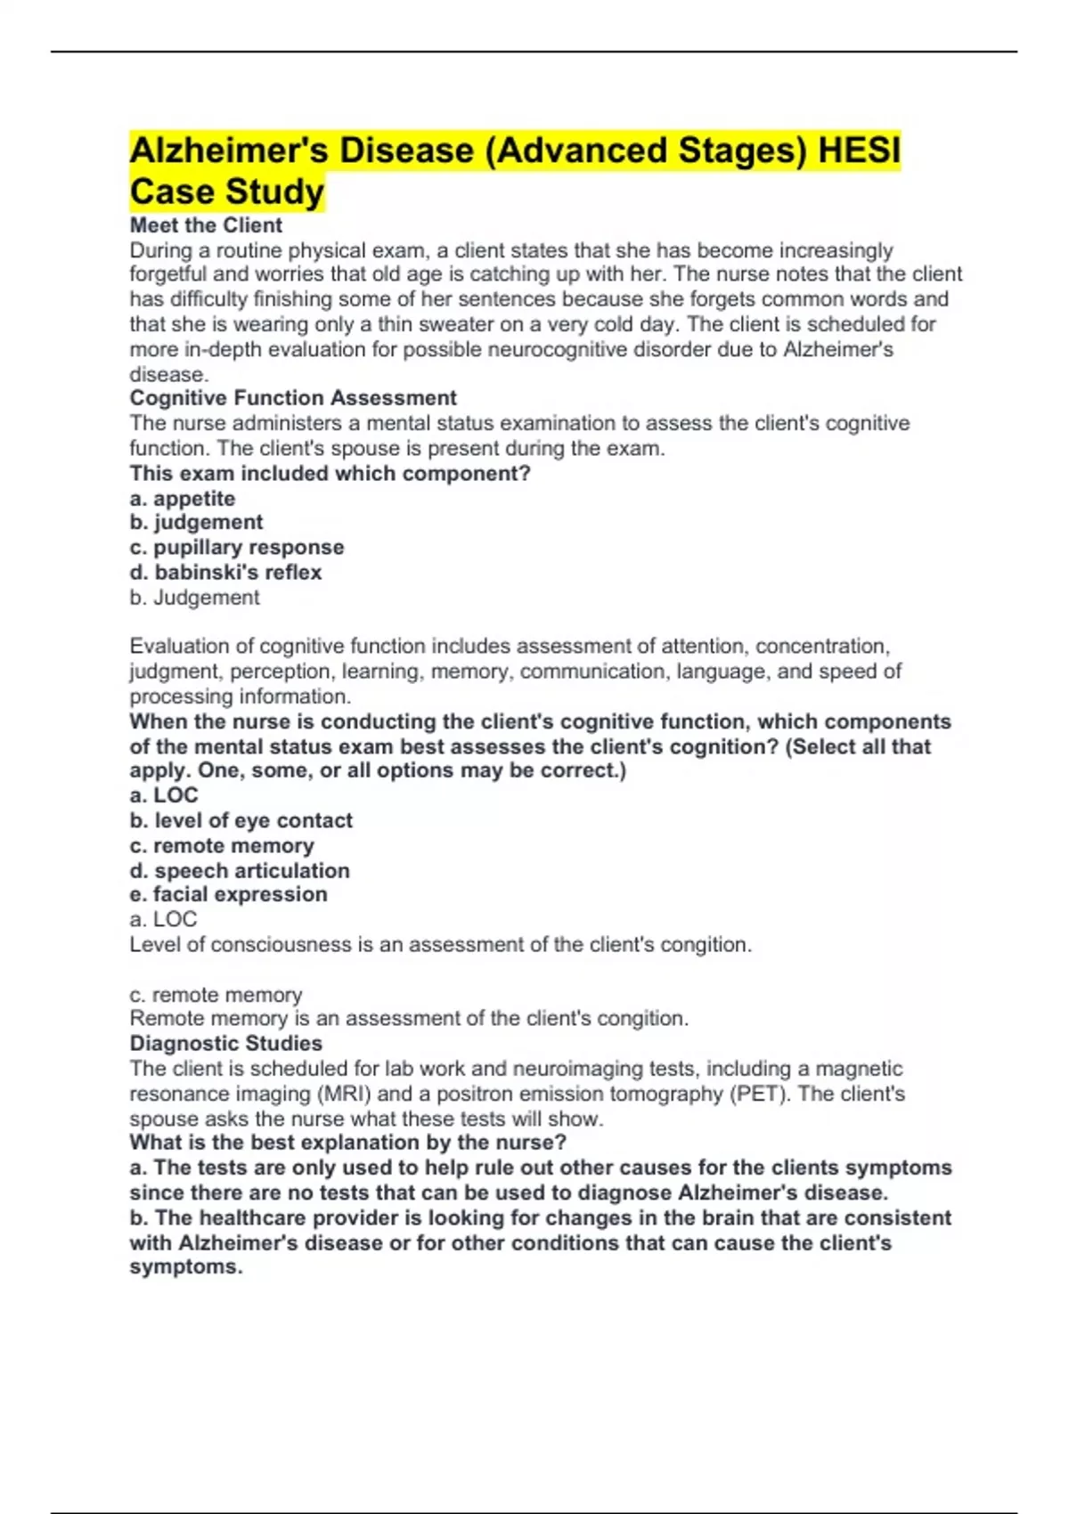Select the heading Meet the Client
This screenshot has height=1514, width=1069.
tap(206, 225)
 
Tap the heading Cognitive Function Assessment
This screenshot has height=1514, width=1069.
tap(293, 398)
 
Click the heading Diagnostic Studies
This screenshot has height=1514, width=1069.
tap(226, 1043)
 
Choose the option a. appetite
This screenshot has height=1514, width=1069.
tap(183, 499)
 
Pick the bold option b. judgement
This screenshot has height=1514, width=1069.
tap(196, 523)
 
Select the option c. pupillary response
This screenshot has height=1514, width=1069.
tap(237, 548)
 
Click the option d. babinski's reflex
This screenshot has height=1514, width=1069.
tap(225, 573)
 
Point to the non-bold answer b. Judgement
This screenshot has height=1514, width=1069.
tap(194, 598)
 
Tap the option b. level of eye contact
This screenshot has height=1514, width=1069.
tap(241, 820)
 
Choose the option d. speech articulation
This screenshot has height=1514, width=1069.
tap(240, 870)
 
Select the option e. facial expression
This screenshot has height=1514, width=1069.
tap(228, 894)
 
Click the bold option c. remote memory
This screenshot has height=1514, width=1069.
tap(222, 845)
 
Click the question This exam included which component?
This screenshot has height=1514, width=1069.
tap(330, 474)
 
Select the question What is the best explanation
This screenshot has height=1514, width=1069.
tap(347, 1143)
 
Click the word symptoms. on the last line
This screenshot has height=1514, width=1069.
tap(186, 1267)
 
